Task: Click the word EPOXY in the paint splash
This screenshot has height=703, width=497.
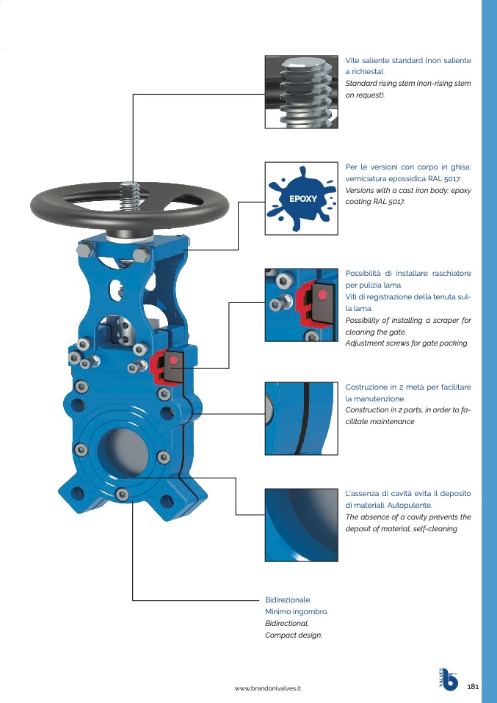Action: click(x=303, y=199)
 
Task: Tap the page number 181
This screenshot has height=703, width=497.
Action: click(x=474, y=686)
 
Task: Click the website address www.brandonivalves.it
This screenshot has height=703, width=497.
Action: click(x=268, y=688)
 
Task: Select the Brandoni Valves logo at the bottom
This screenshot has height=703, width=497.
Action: click(x=448, y=679)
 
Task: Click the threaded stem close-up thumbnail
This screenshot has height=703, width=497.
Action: click(x=302, y=92)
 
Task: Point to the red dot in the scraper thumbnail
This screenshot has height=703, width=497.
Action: click(x=322, y=294)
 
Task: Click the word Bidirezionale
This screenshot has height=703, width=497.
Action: click(x=288, y=600)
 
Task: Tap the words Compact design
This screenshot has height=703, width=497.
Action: click(x=294, y=635)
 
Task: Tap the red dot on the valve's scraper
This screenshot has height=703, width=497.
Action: click(x=174, y=360)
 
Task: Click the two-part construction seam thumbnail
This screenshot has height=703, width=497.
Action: click(x=302, y=419)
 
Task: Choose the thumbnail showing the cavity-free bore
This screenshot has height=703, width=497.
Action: click(x=302, y=525)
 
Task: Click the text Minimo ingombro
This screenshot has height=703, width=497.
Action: click(x=297, y=611)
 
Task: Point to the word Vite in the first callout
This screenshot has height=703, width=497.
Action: click(x=352, y=60)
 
